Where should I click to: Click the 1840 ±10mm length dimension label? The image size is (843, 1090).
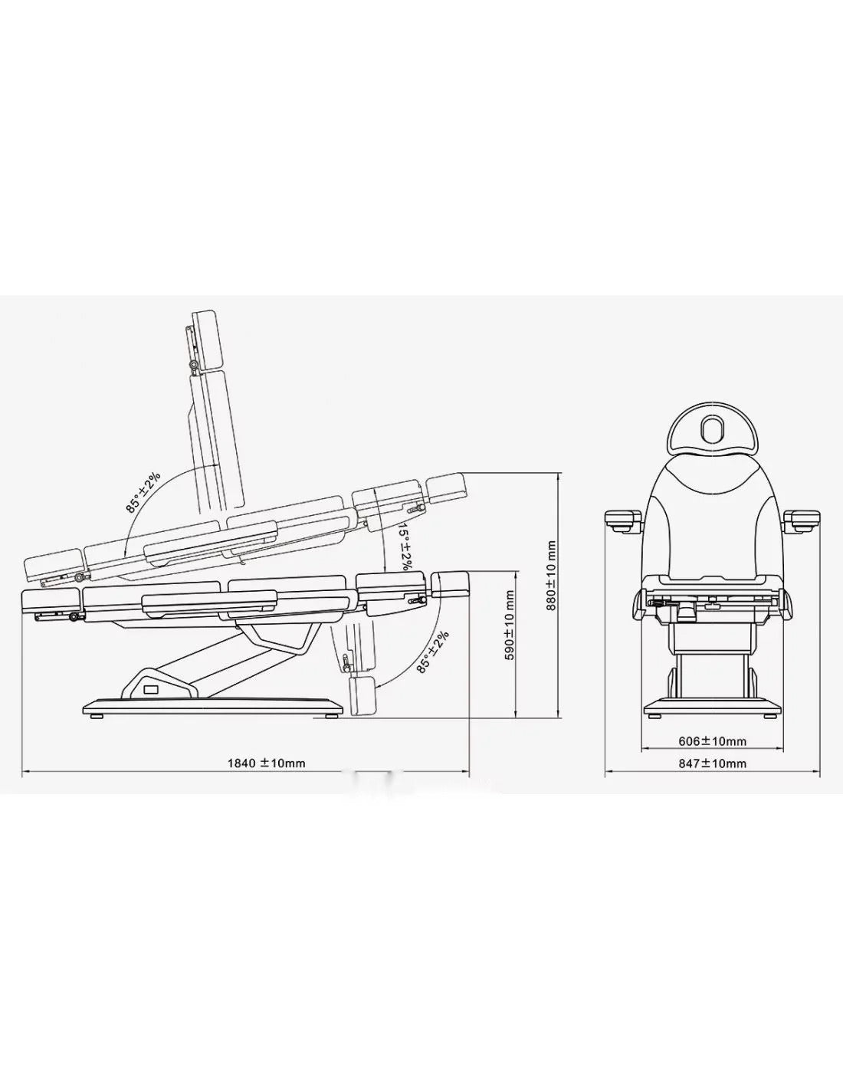[x=266, y=763]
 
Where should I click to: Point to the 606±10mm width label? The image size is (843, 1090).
[x=712, y=741]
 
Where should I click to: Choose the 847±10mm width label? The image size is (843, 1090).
[x=712, y=763]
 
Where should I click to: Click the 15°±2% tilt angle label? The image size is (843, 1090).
[x=405, y=547]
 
